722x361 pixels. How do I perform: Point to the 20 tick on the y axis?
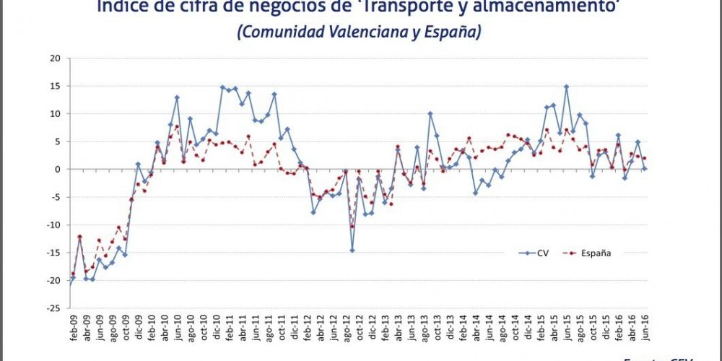pyautogui.click(x=54, y=58)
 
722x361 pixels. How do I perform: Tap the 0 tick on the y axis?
pyautogui.click(x=57, y=170)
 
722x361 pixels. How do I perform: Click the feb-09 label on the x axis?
pyautogui.click(x=73, y=328)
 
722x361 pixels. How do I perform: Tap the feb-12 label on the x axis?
pyautogui.click(x=307, y=328)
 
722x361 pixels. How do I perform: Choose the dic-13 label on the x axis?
pyautogui.click(x=450, y=328)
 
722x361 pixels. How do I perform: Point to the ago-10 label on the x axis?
pyautogui.click(x=190, y=328)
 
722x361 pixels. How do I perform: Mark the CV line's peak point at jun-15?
pyautogui.click(x=567, y=87)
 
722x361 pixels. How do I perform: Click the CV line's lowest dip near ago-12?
pyautogui.click(x=352, y=251)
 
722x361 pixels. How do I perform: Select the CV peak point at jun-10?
pyautogui.click(x=177, y=97)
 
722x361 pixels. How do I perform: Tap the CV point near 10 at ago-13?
pyautogui.click(x=430, y=113)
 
